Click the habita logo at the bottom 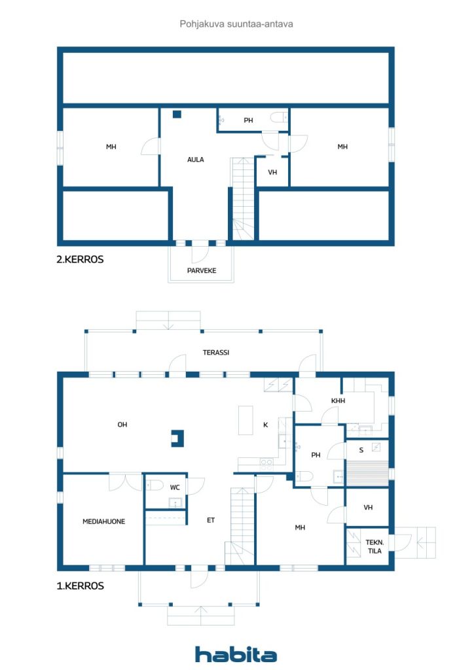pyautogui.click(x=236, y=654)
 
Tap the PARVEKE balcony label pyautogui.click(x=202, y=270)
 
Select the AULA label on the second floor pyautogui.click(x=195, y=160)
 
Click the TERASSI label pyautogui.click(x=216, y=353)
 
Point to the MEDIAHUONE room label pyautogui.click(x=104, y=521)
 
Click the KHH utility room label pyautogui.click(x=338, y=401)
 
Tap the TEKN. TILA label pyautogui.click(x=375, y=546)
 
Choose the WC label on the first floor pyautogui.click(x=175, y=487)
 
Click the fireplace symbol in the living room pyautogui.click(x=177, y=438)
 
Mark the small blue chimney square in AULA pyautogui.click(x=177, y=114)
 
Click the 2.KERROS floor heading pyautogui.click(x=80, y=259)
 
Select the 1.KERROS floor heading pyautogui.click(x=81, y=586)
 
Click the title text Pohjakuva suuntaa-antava pyautogui.click(x=236, y=24)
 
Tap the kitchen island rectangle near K pyautogui.click(x=246, y=420)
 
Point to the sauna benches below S pyautogui.click(x=367, y=473)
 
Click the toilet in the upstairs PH pyautogui.click(x=279, y=117)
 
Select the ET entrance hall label pyautogui.click(x=211, y=520)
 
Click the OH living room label pyautogui.click(x=122, y=424)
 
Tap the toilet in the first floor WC pyautogui.click(x=155, y=485)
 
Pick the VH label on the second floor pyautogui.click(x=273, y=172)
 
